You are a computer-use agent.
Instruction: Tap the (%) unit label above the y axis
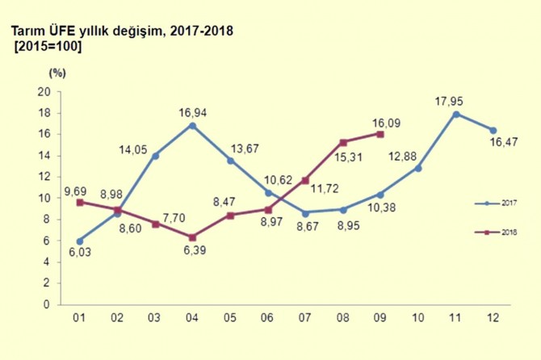[57, 73]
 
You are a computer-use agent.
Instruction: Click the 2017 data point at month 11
[457, 114]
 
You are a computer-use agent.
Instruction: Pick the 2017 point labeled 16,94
[191, 125]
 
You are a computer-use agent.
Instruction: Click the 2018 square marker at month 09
[381, 134]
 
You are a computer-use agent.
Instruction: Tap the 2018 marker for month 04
[191, 237]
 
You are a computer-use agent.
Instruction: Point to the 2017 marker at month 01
[78, 241]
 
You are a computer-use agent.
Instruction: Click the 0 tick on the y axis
[47, 305]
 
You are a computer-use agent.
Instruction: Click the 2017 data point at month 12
[494, 130]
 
